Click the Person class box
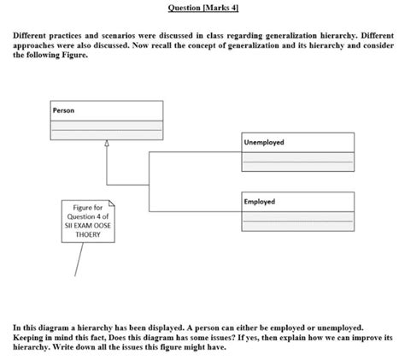click(106, 120)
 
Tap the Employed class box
click(297, 211)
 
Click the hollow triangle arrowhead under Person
click(106, 144)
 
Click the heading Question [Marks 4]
click(202, 7)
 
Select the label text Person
click(63, 110)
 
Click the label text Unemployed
click(264, 142)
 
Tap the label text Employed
click(260, 202)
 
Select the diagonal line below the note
click(78, 261)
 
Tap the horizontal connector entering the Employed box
click(197, 210)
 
